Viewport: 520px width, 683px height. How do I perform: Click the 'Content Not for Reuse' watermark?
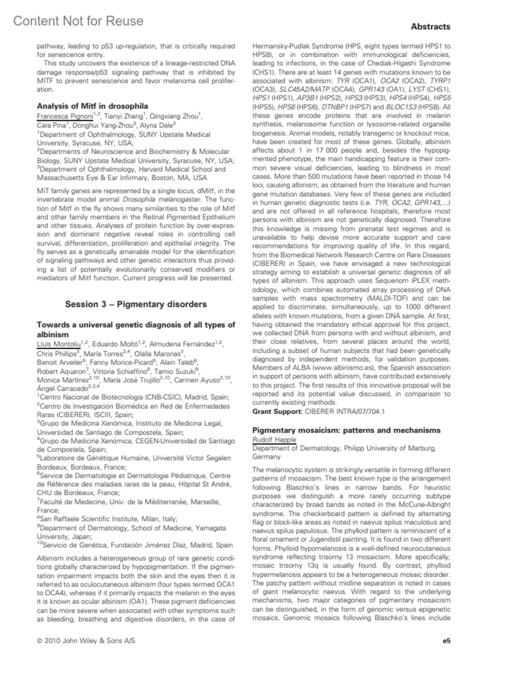(x=78, y=21)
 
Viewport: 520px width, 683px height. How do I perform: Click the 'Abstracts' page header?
(x=430, y=27)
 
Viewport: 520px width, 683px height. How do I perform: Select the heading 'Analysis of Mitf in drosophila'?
(x=92, y=106)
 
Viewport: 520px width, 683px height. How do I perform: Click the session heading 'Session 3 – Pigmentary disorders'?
(x=136, y=304)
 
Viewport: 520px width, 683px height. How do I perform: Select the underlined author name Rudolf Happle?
(x=274, y=440)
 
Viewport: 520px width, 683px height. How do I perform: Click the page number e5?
(x=446, y=641)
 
